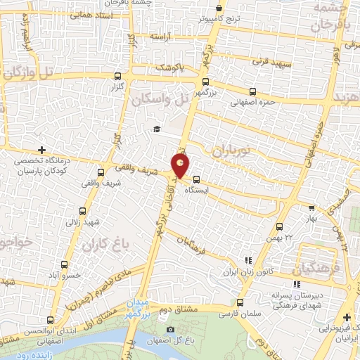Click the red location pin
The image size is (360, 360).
(181, 165)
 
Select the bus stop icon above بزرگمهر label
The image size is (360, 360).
(205, 82)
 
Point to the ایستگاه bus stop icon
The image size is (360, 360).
(195, 179)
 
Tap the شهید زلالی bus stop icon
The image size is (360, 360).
(83, 211)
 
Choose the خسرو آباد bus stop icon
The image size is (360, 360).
(64, 265)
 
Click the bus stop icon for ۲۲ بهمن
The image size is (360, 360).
(280, 226)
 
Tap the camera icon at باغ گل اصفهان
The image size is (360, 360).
(169, 330)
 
